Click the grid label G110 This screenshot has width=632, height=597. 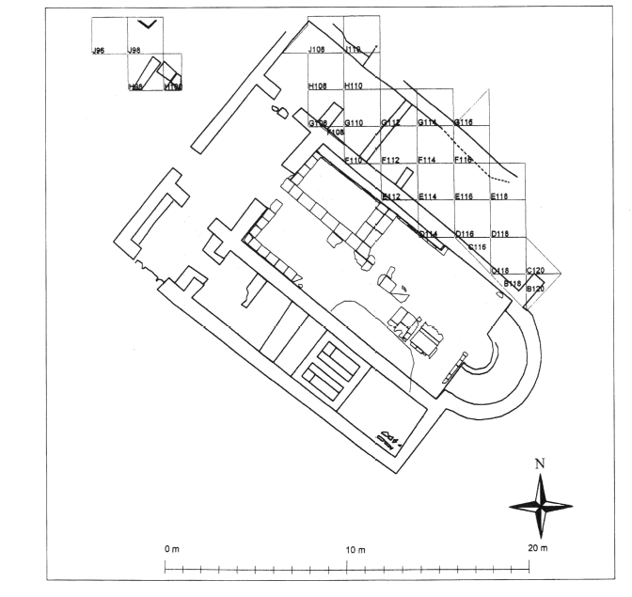(354, 123)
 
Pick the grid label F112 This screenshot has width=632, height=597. (391, 160)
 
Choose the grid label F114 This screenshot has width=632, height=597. (428, 160)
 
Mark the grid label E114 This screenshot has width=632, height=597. (428, 196)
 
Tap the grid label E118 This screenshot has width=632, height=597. (500, 196)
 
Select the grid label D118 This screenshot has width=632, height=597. (500, 233)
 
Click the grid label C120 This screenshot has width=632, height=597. (536, 271)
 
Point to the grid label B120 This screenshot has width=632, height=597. (534, 289)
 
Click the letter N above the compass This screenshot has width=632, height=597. (539, 463)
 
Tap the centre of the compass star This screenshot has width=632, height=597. (540, 505)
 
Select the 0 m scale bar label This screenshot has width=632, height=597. (170, 548)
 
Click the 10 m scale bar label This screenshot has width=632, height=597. (350, 548)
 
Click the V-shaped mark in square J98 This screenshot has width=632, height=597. (145, 24)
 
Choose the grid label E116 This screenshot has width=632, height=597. (464, 196)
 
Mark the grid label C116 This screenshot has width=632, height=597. (477, 246)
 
